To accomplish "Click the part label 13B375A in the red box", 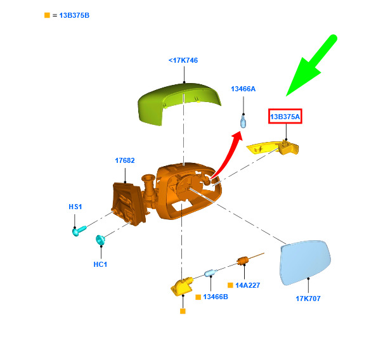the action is (x=285, y=117).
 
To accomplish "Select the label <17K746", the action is (x=183, y=60).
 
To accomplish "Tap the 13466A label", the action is (x=243, y=89).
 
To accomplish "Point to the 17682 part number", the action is (x=125, y=160).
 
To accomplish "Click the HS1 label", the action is (x=75, y=207).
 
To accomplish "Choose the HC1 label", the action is (x=100, y=264).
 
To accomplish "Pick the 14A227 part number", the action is (x=248, y=285).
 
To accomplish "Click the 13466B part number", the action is (x=216, y=297).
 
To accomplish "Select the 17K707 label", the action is (x=308, y=299).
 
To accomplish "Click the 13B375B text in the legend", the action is (x=74, y=15).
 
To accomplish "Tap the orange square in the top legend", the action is (x=48, y=15).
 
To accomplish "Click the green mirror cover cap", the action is (x=179, y=103).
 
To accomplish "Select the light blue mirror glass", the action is (x=306, y=262).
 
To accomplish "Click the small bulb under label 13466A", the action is (x=243, y=121).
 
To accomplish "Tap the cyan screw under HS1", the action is (x=79, y=231).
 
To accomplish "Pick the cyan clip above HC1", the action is (x=100, y=240).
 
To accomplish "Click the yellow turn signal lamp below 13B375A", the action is (x=273, y=148).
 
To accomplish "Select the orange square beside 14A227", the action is (x=230, y=285).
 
